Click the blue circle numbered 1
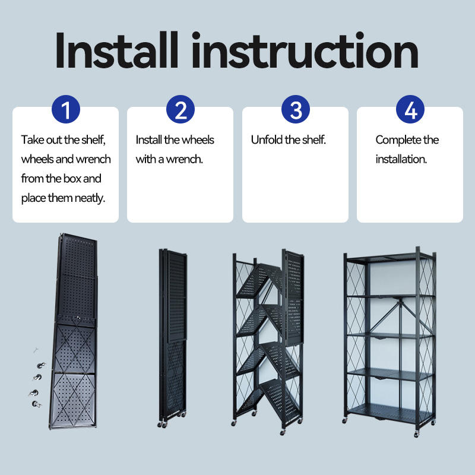point(66,109)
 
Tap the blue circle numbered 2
point(180,109)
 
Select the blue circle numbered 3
point(295,109)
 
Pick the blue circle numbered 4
point(410,109)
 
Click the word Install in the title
point(116,50)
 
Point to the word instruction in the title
point(305,50)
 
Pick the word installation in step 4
point(401,159)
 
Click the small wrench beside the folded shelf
point(36,350)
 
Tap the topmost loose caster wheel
point(41,366)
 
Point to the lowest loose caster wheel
point(36,404)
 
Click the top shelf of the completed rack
point(390,258)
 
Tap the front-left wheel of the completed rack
point(345,420)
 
